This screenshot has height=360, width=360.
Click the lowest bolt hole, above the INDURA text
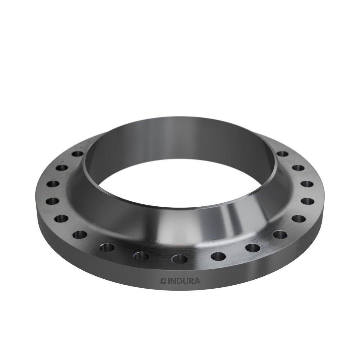coord(180,259)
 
